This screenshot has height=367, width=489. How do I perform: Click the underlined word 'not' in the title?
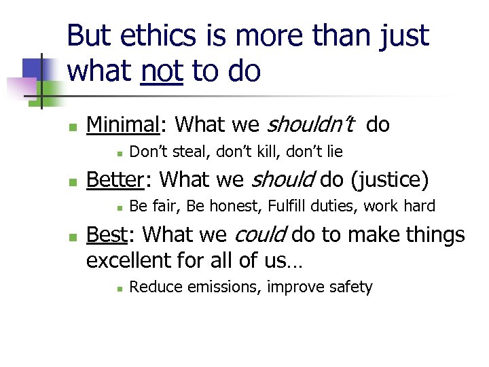tap(162, 71)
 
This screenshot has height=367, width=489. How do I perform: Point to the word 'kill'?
tap(270, 152)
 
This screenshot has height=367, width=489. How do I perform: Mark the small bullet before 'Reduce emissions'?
tap(117, 288)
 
